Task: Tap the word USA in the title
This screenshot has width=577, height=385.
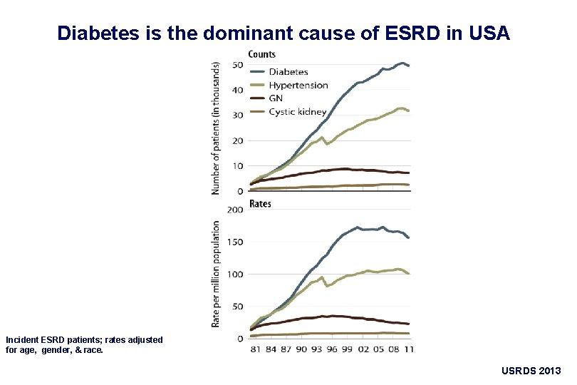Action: pos(492,33)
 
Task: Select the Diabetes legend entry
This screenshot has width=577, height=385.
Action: pos(288,71)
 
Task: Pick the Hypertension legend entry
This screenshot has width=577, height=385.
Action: pos(298,85)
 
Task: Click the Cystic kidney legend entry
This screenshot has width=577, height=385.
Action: pos(298,112)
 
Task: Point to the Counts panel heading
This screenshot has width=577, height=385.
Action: pos(261,54)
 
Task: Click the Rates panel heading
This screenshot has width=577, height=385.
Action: pos(259,204)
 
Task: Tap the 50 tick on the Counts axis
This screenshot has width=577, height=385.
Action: pos(238,65)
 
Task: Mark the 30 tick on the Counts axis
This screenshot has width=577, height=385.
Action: pos(238,115)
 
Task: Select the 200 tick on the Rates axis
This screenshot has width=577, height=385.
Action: pos(234,210)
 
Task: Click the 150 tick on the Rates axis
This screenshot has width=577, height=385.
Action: pos(234,242)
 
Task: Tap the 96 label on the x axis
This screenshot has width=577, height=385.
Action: pos(331,349)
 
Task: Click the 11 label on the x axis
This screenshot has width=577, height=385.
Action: pos(409,349)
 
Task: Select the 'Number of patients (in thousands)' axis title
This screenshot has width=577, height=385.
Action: pos(216,127)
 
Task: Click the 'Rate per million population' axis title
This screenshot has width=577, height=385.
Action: pos(216,274)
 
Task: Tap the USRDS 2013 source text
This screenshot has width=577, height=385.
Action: pos(531,371)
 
